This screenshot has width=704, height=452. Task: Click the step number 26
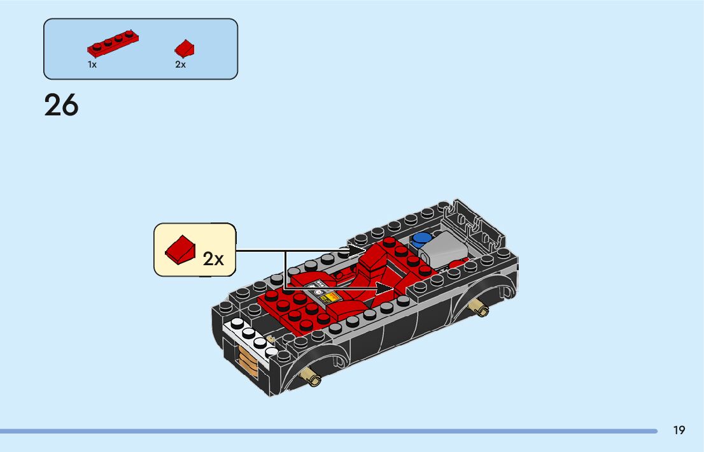click(61, 105)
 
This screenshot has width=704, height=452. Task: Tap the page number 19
click(679, 430)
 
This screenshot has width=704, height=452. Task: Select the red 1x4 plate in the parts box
click(113, 43)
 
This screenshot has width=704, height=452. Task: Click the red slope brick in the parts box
click(185, 48)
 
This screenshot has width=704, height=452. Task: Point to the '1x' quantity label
click(92, 64)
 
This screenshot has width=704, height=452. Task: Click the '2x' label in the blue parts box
click(180, 64)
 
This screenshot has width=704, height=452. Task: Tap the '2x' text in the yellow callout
click(214, 258)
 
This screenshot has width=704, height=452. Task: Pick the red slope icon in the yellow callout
click(180, 249)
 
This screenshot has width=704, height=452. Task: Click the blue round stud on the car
click(421, 240)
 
